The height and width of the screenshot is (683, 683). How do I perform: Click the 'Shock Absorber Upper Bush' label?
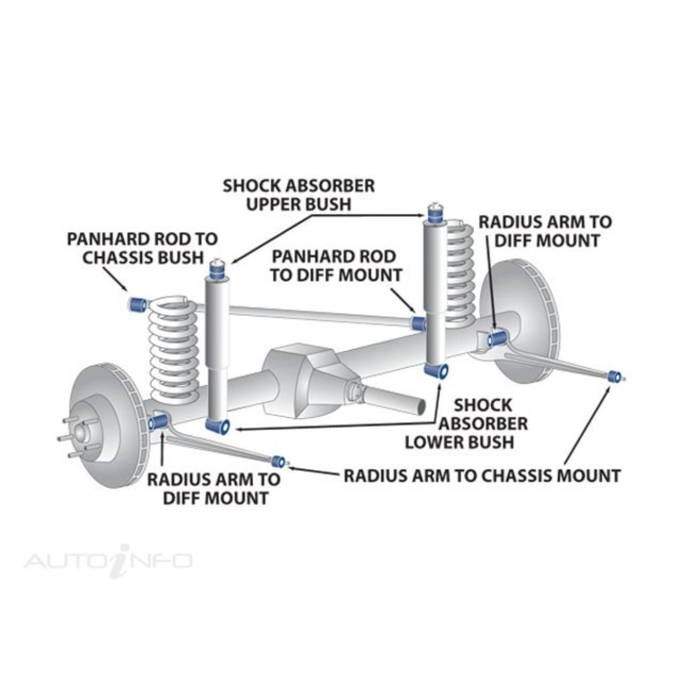pos(298,195)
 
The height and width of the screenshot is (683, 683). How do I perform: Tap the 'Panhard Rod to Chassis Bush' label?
pos(142,248)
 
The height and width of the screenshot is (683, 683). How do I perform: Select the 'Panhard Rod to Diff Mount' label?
pos(336,265)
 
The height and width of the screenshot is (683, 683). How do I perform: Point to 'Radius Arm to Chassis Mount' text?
pos(482,475)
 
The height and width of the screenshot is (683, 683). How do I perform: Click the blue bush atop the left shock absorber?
pos(217,269)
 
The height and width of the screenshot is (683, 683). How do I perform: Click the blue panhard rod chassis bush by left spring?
pos(137,304)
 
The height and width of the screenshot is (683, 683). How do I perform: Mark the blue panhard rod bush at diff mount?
pos(418,323)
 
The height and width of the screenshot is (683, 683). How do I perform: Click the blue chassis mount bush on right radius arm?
pos(614,376)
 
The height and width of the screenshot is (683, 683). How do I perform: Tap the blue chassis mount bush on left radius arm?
pos(279,461)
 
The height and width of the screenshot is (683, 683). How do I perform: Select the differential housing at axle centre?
pos(307,376)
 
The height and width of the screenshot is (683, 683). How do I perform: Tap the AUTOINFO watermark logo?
pos(108,561)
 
